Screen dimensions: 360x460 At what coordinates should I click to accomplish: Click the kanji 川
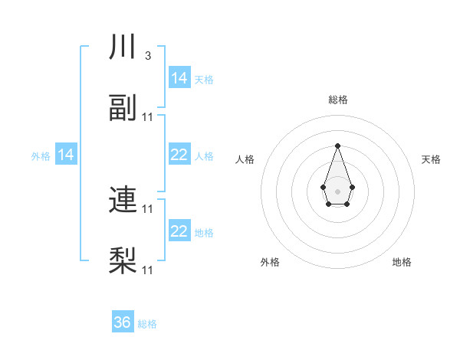[x=123, y=47]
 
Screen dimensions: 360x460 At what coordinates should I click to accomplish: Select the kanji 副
[x=123, y=108]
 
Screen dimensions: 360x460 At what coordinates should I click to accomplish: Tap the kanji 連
[x=123, y=200]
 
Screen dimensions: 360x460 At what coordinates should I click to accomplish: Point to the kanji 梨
[x=123, y=260]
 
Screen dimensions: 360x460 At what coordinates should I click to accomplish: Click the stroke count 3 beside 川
[x=147, y=56]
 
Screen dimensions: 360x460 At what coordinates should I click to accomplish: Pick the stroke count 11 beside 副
[x=148, y=116]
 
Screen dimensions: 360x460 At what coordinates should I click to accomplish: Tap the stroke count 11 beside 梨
[x=148, y=270]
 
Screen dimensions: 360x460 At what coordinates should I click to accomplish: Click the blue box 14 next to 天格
[x=179, y=78]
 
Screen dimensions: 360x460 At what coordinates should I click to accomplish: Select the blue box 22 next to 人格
[x=179, y=155]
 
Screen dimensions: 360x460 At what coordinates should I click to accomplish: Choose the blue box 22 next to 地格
[x=179, y=231]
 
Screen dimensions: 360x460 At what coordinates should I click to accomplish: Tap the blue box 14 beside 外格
[x=66, y=155]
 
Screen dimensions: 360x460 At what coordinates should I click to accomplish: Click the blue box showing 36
[x=123, y=323]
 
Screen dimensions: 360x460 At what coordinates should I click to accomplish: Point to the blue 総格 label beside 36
[x=147, y=324]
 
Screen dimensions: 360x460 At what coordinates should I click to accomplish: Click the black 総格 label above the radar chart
[x=337, y=100]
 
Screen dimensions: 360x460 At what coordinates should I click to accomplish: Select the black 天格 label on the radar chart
[x=431, y=159]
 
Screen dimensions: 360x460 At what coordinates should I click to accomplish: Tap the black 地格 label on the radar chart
[x=402, y=262]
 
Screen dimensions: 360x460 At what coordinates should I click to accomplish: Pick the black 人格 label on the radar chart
[x=245, y=159]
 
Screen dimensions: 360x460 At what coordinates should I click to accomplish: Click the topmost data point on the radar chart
[x=337, y=146]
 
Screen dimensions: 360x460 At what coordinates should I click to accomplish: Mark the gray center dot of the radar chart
[x=337, y=190]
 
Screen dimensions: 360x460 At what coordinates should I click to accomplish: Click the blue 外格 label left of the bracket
[x=41, y=156]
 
